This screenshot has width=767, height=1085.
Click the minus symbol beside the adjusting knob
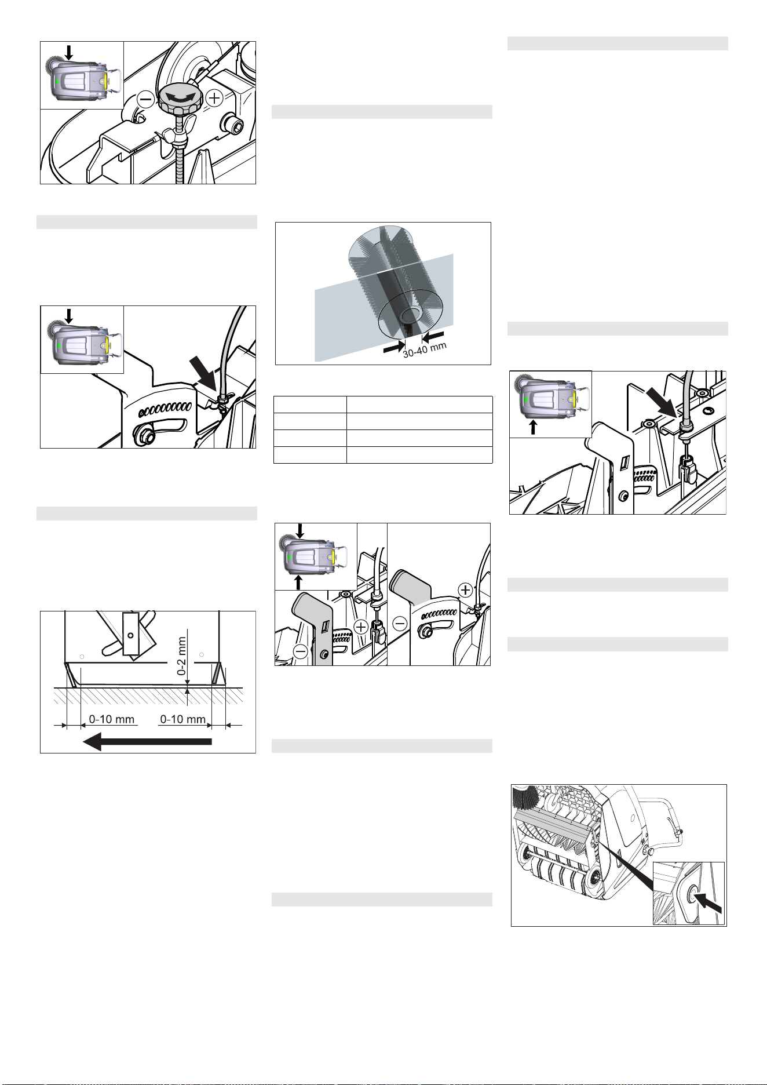click(x=145, y=100)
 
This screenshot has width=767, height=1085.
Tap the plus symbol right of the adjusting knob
click(x=214, y=99)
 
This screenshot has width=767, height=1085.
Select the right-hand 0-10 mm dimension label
click(x=182, y=719)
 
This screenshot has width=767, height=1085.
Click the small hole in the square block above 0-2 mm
click(x=131, y=636)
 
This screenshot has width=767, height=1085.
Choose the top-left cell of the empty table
click(x=310, y=405)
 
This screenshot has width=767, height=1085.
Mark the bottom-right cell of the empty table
click(x=419, y=455)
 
